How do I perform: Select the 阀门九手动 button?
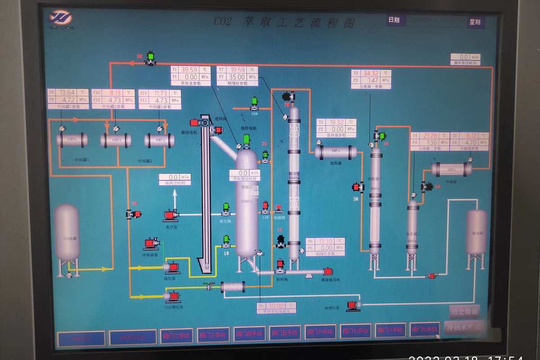point(425,329)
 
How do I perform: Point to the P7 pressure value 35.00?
point(237,77)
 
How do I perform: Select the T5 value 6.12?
point(471,135)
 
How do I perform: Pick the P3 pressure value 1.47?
point(373,80)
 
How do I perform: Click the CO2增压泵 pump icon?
point(171,296)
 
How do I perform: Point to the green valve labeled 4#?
point(382,135)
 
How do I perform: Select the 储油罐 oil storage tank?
point(476,232)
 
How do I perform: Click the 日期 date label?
point(394,20)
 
